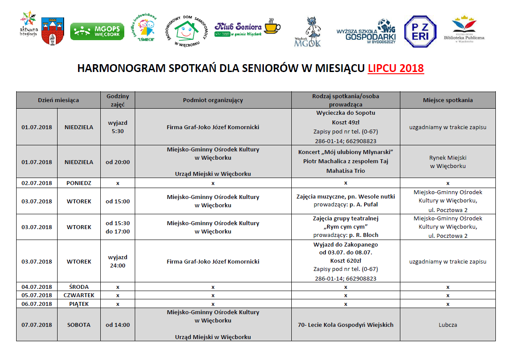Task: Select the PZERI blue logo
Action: pyautogui.click(x=420, y=31)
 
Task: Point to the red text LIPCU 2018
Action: pyautogui.click(x=396, y=69)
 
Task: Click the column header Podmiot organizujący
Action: pyautogui.click(x=213, y=100)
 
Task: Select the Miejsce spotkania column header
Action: pyautogui.click(x=447, y=100)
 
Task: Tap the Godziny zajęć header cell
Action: pyautogui.click(x=118, y=100)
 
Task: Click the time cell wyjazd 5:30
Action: pyautogui.click(x=118, y=127)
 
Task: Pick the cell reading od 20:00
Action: pyautogui.click(x=118, y=162)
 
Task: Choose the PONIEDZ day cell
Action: pyautogui.click(x=79, y=183)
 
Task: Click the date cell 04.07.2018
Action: pyautogui.click(x=37, y=287)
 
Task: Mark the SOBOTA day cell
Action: pyautogui.click(x=79, y=325)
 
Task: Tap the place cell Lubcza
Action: pyautogui.click(x=447, y=325)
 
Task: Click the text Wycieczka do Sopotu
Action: pyautogui.click(x=345, y=113)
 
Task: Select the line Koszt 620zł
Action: pyautogui.click(x=345, y=261)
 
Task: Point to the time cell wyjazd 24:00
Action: pyautogui.click(x=118, y=261)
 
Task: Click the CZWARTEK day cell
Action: pyautogui.click(x=79, y=295)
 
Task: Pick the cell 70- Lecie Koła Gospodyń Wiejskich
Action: pyautogui.click(x=345, y=325)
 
